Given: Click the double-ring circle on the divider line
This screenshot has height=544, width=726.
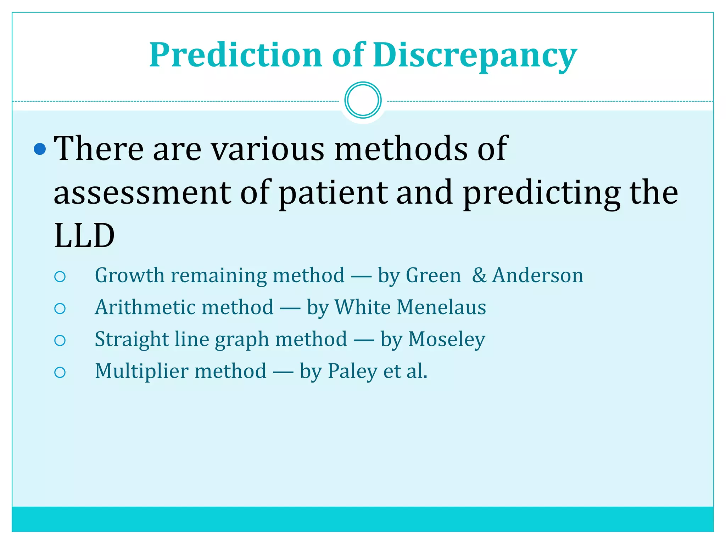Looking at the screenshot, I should coord(363,100).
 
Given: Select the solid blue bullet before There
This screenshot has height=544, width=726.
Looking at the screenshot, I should coord(40,149).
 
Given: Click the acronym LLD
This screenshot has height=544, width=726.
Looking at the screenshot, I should coord(84,236).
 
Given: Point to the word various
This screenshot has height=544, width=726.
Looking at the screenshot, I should coord(268,149).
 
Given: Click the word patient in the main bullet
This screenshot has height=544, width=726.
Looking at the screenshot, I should coord(333,193).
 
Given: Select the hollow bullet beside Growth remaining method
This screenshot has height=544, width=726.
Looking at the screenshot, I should coord(60,277).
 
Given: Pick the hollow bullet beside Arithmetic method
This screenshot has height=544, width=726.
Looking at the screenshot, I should coord(60,308).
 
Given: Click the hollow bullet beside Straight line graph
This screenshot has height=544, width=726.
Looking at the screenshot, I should coord(60,340).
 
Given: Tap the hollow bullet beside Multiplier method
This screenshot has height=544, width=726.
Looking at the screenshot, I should coord(60,372).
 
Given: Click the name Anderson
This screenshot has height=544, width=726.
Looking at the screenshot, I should coord(537,275).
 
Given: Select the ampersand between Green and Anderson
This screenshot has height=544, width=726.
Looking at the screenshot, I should coord(479,275).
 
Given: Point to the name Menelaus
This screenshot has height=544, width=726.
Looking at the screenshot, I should coord(441,307).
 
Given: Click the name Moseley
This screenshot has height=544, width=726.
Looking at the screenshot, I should coord(447,339).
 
